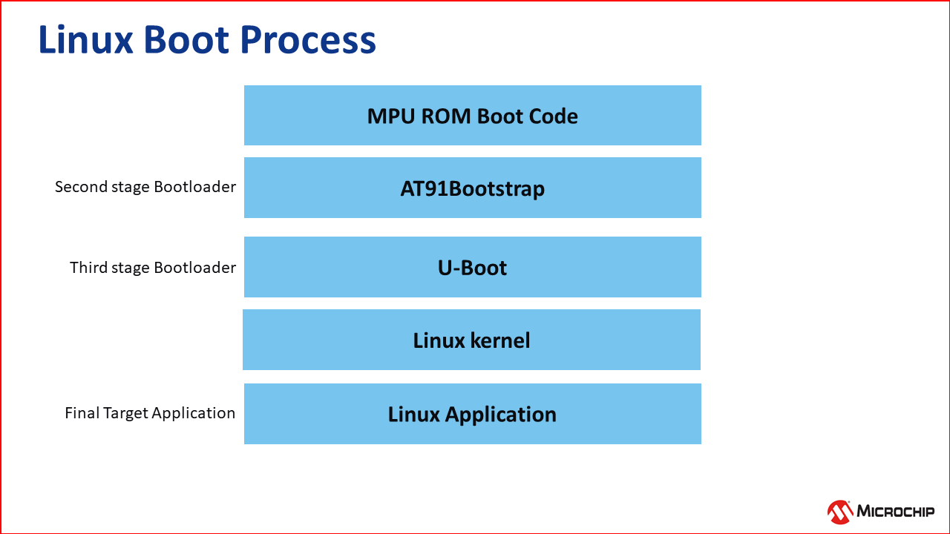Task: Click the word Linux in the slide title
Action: [x=85, y=40]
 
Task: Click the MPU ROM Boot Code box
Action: [x=472, y=116]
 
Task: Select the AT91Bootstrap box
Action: [x=472, y=188]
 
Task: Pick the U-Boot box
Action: [x=472, y=267]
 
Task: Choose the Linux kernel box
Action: [x=471, y=340]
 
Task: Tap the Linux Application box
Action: [x=472, y=414]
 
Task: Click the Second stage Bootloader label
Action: [x=145, y=187]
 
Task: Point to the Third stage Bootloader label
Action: [x=153, y=267]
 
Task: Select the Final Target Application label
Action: [x=150, y=413]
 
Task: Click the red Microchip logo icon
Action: [x=840, y=511]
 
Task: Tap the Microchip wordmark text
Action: [x=896, y=511]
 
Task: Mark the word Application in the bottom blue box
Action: [x=500, y=415]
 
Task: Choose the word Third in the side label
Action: [x=89, y=267]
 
